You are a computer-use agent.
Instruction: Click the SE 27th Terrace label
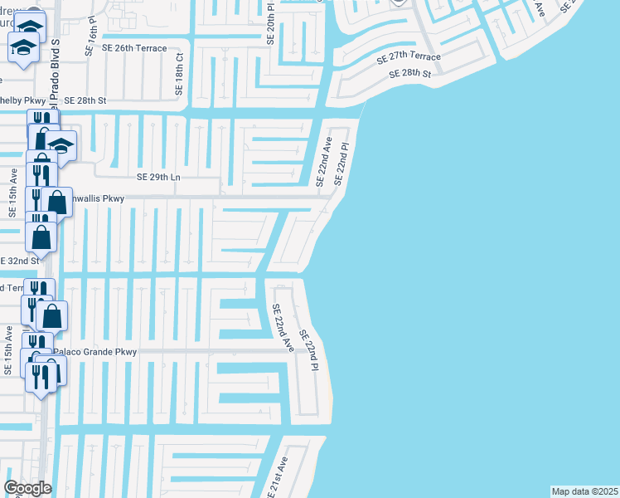409,58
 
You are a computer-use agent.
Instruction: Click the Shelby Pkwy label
22,100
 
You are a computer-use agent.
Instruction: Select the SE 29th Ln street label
158,177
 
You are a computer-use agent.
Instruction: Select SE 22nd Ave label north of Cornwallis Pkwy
322,161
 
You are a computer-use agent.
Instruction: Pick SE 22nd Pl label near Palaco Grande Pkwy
308,349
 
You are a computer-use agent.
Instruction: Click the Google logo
27,488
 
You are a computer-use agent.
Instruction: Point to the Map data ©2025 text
584,491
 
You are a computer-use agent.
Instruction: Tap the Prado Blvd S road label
55,75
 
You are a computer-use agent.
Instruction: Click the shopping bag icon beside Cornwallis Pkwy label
57,202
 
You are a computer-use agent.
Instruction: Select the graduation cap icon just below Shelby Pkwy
61,146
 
